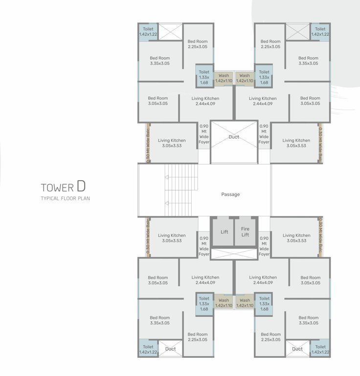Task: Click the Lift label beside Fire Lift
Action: coord(224,232)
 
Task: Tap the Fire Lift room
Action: coord(245,232)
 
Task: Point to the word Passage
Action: coord(230,194)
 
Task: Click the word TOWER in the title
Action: coord(57,188)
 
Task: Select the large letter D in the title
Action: coord(81,186)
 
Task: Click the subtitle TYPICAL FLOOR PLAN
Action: coord(66,198)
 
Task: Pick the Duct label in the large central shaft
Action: coord(234,137)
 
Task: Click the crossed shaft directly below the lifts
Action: coord(234,254)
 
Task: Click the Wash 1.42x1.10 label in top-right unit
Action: coord(245,78)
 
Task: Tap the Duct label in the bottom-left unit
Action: coord(170,349)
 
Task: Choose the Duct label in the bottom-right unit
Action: coord(297,349)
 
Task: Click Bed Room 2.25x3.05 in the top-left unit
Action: coord(198,44)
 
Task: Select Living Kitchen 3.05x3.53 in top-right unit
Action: coord(296,143)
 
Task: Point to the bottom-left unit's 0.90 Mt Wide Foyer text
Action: coord(204,246)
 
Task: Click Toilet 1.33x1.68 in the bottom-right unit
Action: coord(264,304)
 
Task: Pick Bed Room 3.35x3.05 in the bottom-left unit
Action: coord(159,320)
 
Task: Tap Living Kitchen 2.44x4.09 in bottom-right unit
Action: coord(263,280)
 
